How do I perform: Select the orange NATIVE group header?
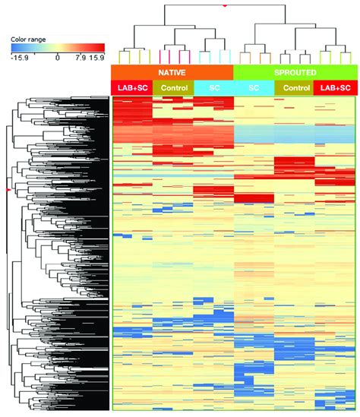(x=172, y=71)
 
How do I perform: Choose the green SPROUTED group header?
(x=295, y=71)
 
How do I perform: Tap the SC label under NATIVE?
(x=213, y=88)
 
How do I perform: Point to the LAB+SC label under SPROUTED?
(x=335, y=88)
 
